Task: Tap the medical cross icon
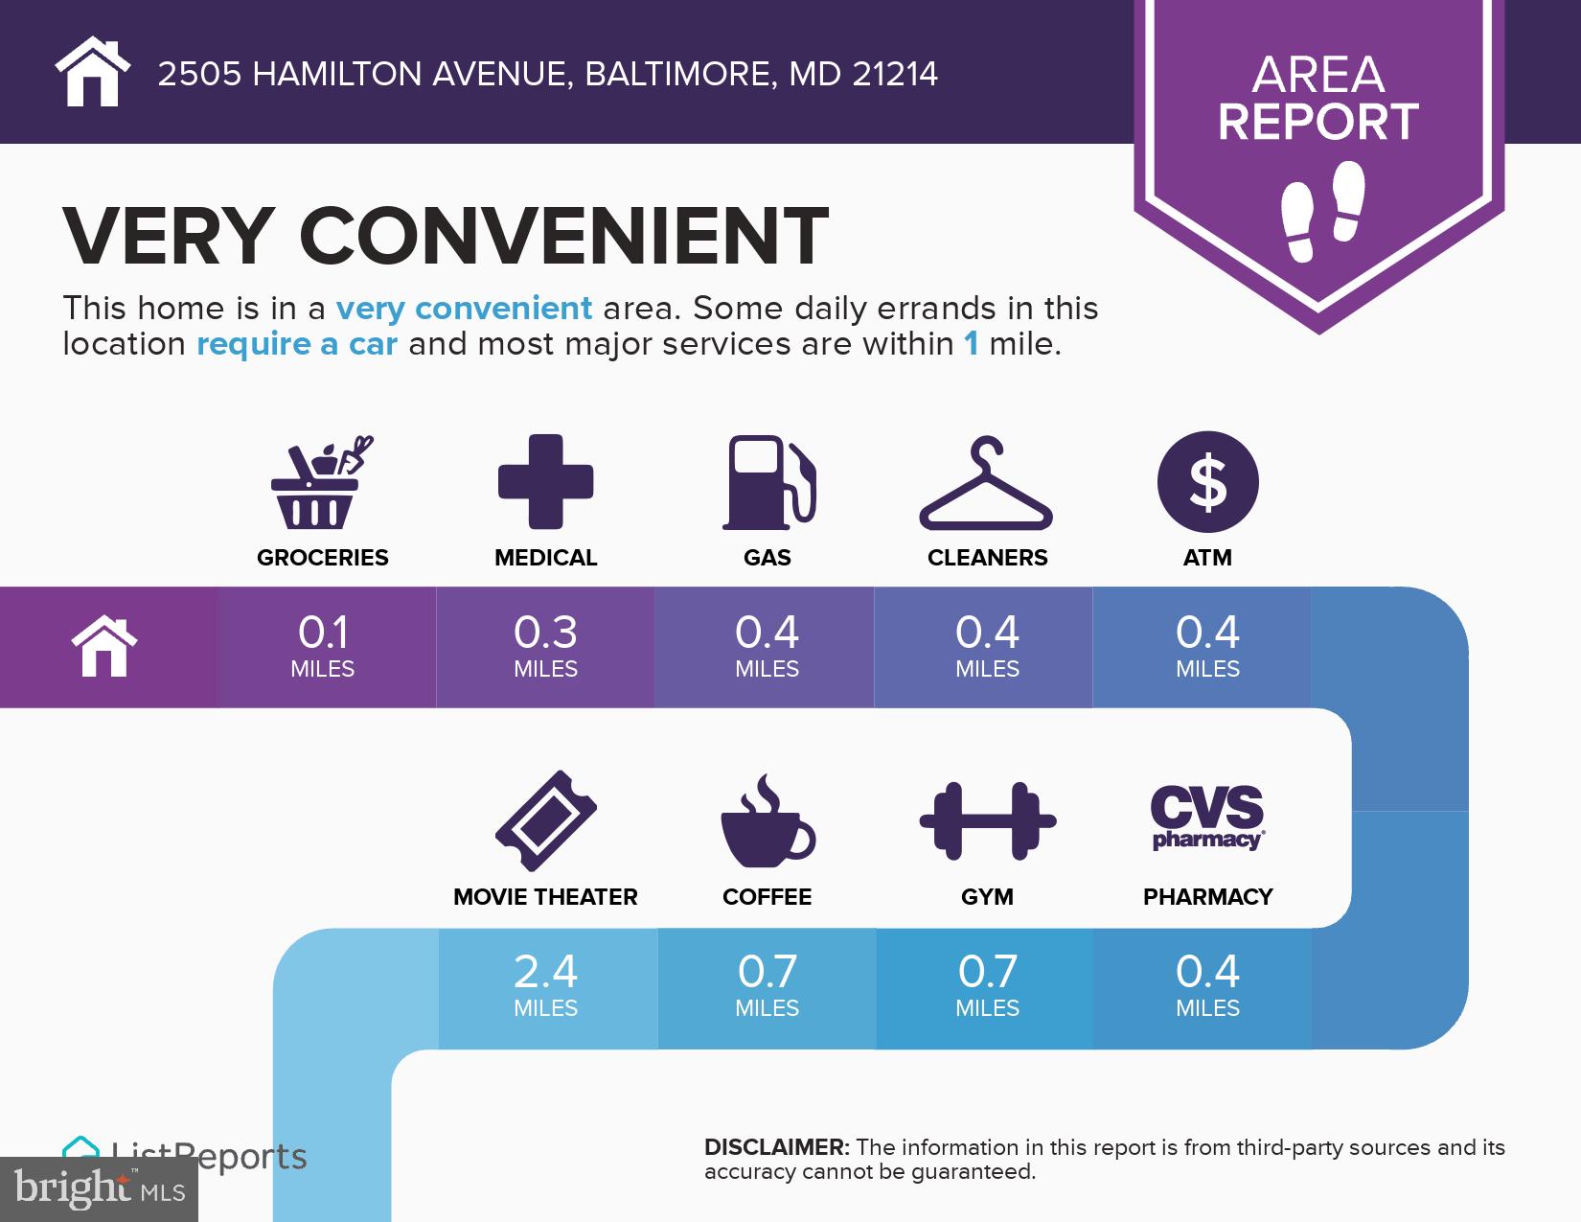[545, 481]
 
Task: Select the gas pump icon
[768, 482]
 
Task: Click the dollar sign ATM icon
[1207, 481]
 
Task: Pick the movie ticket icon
[545, 820]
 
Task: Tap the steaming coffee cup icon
[767, 822]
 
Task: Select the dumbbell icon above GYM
[987, 820]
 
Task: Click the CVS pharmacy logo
[1207, 818]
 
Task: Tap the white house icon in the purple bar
[105, 647]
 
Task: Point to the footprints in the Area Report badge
[1321, 212]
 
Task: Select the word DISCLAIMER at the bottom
[776, 1147]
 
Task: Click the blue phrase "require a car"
[296, 344]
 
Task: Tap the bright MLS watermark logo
[100, 1188]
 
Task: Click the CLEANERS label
[987, 558]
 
